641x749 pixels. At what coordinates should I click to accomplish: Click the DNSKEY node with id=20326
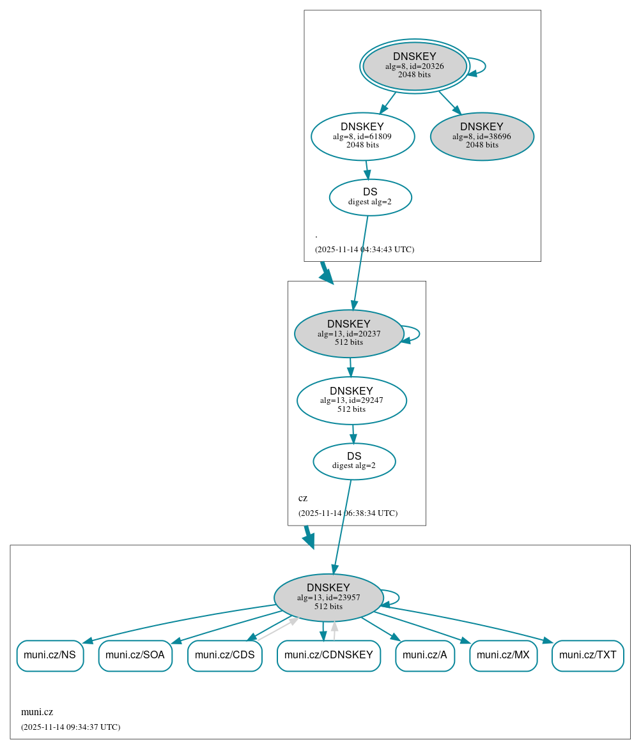[415, 66]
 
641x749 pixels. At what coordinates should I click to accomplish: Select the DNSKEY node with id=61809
[362, 136]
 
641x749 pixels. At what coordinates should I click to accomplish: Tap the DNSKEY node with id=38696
[482, 136]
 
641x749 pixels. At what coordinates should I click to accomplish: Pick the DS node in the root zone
[370, 197]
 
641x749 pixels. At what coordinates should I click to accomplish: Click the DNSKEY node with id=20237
[349, 333]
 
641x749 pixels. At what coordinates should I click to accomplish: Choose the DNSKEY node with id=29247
[351, 400]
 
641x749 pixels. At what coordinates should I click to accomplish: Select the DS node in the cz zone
[354, 461]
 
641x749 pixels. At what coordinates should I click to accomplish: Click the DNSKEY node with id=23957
[328, 597]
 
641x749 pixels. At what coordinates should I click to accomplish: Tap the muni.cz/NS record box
[50, 655]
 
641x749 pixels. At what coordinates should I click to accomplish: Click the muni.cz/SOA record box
[135, 655]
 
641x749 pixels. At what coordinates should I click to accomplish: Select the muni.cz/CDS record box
[224, 655]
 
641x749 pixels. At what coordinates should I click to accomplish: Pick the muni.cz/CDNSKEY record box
[328, 655]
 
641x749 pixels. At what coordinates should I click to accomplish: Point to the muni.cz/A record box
[424, 655]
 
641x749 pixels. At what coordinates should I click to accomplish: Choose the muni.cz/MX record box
[503, 655]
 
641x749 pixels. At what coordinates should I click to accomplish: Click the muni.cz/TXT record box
[587, 655]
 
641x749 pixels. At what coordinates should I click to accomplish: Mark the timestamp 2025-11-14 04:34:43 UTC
[364, 249]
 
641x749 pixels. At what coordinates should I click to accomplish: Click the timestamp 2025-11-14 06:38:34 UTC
[348, 513]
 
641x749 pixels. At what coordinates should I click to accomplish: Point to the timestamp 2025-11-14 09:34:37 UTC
[70, 727]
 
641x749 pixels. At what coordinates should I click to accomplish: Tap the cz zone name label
[303, 498]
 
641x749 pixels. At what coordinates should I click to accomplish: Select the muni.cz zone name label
[37, 712]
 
